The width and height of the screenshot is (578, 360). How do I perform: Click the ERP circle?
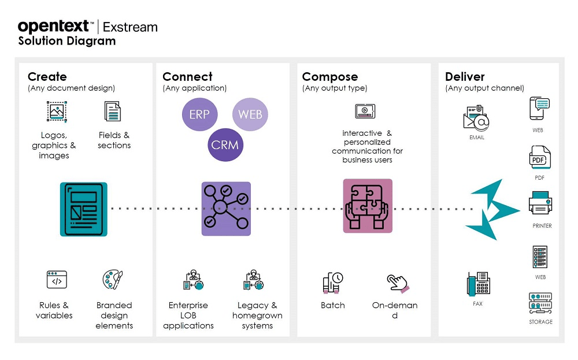point(199,114)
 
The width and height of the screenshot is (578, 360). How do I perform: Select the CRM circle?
point(225,144)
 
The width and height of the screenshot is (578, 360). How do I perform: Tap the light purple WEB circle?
point(250,114)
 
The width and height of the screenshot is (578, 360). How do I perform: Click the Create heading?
point(47,77)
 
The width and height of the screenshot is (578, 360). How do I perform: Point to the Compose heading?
point(330,77)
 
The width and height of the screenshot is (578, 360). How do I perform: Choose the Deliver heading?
point(465,77)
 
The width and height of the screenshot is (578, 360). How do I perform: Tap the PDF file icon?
point(540,158)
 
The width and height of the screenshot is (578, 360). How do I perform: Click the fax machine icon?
point(478,284)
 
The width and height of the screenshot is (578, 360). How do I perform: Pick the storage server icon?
point(540,304)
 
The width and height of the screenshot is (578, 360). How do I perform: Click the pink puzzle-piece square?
point(368,206)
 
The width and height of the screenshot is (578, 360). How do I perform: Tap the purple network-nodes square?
point(226,209)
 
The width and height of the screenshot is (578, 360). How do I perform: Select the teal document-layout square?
point(84,209)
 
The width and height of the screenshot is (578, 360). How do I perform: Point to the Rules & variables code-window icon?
point(57,280)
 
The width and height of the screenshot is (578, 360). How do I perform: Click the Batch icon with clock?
point(332,282)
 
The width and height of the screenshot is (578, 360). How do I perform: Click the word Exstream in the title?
point(130,27)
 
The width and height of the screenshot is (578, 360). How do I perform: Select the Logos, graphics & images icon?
point(57,110)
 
